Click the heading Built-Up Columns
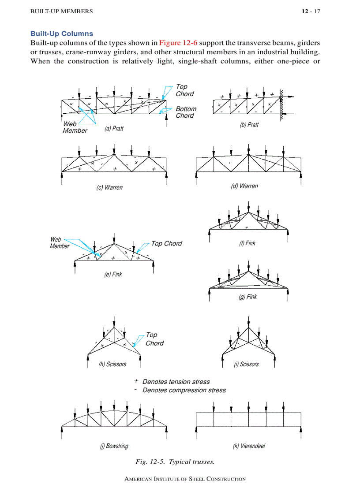coord(62,34)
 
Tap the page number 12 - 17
coord(311,11)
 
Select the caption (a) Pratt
coord(114,129)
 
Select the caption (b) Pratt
coord(249,125)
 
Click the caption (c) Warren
coord(109,187)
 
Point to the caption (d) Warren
coord(244,186)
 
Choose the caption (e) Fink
coord(113,274)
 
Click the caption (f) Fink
coord(247,243)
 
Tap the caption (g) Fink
coord(247,297)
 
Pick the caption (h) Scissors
coord(112,364)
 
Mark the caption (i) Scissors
coord(246,364)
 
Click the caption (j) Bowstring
coord(114,446)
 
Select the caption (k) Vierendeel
coord(249,446)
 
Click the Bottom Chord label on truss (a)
coord(186,112)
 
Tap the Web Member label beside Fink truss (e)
coord(59,243)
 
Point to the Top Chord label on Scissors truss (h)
coord(154,339)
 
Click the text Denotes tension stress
coord(176,382)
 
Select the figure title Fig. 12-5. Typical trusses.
coord(175,462)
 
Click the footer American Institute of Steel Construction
coord(185,479)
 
